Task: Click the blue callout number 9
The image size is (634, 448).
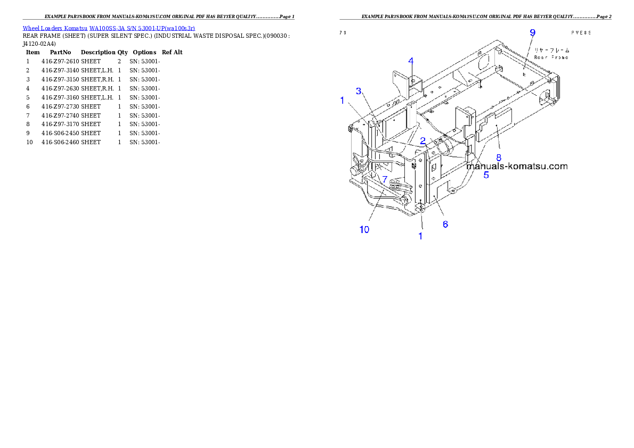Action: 532,32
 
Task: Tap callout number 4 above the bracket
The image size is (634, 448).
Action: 411,61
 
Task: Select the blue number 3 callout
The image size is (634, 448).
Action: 359,92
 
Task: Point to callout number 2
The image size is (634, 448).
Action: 422,141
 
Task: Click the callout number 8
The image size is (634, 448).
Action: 499,157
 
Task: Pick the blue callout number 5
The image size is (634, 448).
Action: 486,174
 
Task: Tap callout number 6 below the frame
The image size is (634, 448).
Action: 445,224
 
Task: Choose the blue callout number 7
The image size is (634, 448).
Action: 385,180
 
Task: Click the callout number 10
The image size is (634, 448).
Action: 364,229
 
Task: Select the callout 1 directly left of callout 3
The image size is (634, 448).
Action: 342,100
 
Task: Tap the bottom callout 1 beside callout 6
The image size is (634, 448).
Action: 420,236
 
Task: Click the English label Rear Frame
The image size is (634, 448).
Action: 551,57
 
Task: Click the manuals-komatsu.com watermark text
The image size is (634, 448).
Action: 517,166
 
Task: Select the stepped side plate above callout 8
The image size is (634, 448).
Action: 494,125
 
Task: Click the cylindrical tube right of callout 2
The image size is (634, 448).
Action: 446,147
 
